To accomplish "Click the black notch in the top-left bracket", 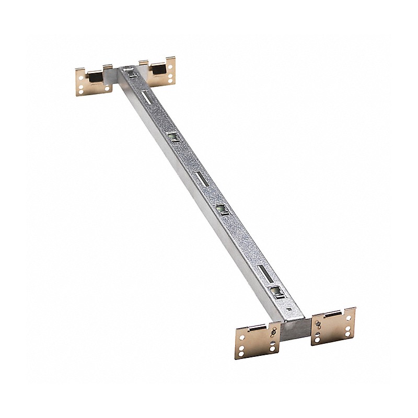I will click(x=96, y=77).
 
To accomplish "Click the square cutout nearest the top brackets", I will click(x=173, y=137).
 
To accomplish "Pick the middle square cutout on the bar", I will click(x=222, y=209).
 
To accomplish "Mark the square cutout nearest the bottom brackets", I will click(x=275, y=291).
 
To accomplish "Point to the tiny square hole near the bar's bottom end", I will click(x=289, y=309).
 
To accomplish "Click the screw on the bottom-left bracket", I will click(x=273, y=332).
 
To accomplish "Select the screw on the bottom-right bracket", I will click(x=318, y=323).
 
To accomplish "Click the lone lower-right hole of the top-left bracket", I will click(x=107, y=89).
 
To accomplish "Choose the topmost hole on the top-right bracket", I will click(x=170, y=66).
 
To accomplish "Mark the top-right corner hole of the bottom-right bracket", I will click(x=349, y=318).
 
